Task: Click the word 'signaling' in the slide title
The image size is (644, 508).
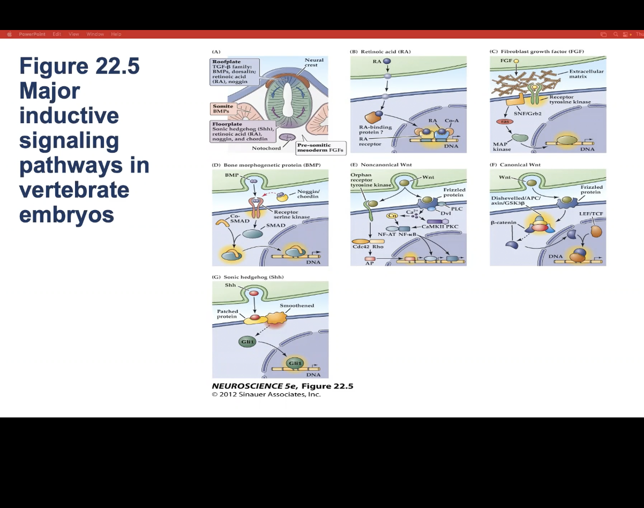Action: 69,140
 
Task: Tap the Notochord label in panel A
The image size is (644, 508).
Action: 266,148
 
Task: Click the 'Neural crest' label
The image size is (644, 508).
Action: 314,62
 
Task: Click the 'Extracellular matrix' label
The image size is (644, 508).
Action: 586,74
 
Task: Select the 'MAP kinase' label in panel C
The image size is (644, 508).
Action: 502,146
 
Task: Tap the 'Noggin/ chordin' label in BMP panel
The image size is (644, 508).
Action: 308,194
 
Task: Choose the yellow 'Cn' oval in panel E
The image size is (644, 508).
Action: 392,215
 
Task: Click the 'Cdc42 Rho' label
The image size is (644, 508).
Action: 368,246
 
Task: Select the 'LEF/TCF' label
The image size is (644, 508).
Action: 591,213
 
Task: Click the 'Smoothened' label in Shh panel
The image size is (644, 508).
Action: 297,305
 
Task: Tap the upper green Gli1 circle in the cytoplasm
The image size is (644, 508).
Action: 247,341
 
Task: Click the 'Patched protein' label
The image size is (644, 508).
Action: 227,313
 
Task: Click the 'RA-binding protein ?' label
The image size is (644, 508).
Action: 375,130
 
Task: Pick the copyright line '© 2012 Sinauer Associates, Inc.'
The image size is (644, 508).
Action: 266,394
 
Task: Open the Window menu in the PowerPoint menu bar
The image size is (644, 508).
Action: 95,34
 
